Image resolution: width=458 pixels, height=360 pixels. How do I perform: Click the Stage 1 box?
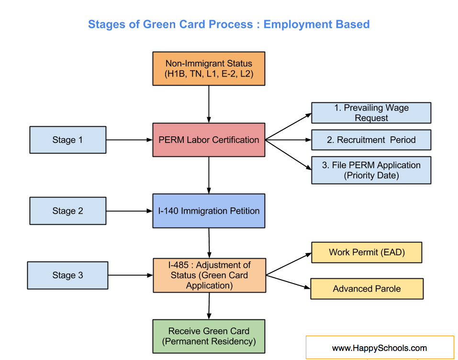point(67,140)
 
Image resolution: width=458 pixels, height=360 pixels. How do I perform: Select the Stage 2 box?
point(67,211)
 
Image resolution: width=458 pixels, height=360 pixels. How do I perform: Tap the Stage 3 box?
point(67,275)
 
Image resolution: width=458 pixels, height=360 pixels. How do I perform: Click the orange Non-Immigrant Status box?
point(209,69)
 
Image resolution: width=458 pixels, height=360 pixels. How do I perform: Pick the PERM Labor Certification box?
point(209,140)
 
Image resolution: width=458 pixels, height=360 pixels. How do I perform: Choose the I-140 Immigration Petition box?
point(209,211)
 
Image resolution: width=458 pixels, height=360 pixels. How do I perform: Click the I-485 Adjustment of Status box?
point(209,275)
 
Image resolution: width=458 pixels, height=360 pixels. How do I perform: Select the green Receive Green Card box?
point(209,337)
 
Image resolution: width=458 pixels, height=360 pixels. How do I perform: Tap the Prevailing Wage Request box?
point(371,113)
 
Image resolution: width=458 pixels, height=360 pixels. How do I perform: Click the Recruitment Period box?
point(371,140)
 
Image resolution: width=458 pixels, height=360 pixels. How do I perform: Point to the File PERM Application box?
point(371,170)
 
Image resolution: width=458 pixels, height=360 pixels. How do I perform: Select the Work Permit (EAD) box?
point(367,252)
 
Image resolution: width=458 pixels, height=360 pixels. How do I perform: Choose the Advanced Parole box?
point(367,289)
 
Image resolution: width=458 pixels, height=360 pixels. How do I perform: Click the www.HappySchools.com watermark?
point(380,348)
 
